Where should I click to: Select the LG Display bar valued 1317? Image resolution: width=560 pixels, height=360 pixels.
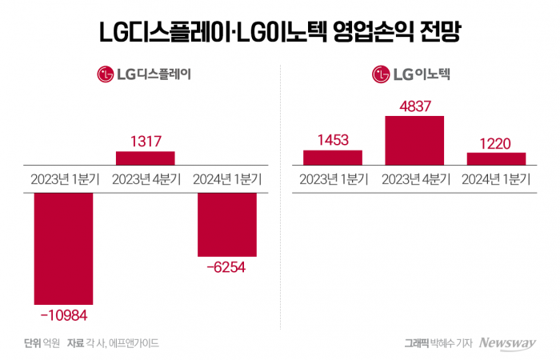point(145,157)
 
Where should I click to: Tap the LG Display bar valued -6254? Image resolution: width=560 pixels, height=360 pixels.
point(226,224)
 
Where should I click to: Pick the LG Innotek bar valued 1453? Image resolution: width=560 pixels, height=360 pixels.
point(333,157)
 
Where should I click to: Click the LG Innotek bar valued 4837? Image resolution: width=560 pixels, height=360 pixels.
point(414,140)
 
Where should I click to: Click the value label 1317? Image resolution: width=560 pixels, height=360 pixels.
point(145,140)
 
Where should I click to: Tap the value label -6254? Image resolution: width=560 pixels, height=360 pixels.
point(226,268)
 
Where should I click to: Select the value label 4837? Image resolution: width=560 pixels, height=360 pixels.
point(414,106)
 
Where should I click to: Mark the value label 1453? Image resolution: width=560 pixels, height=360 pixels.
point(333,140)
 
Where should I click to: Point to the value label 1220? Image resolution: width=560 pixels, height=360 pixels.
point(496,142)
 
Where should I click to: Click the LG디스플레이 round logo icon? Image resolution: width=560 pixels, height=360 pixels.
point(106,75)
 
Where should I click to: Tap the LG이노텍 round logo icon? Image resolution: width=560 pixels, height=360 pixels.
point(381,75)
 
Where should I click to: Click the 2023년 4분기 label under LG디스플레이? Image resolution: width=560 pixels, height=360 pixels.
point(145,178)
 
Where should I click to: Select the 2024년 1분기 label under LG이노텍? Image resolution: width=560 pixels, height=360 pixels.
point(496,178)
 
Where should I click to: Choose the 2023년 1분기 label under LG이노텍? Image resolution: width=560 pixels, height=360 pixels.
point(333,178)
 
